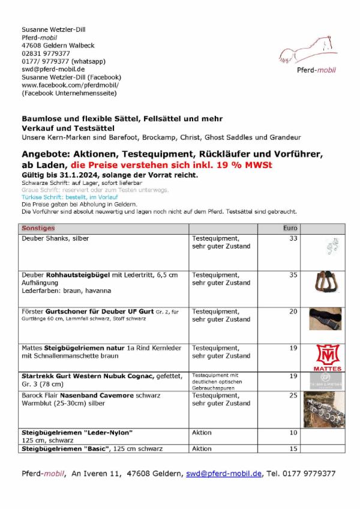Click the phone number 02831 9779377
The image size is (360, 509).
point(46,53)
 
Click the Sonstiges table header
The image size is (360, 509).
point(38,228)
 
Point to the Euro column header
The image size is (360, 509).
point(290,228)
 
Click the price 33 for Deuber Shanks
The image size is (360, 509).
point(293,238)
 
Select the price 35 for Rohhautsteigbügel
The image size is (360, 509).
point(293,275)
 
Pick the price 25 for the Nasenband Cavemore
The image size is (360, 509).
point(293,396)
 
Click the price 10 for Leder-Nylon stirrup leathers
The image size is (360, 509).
point(293,432)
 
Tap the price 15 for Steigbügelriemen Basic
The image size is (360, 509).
point(293,448)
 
